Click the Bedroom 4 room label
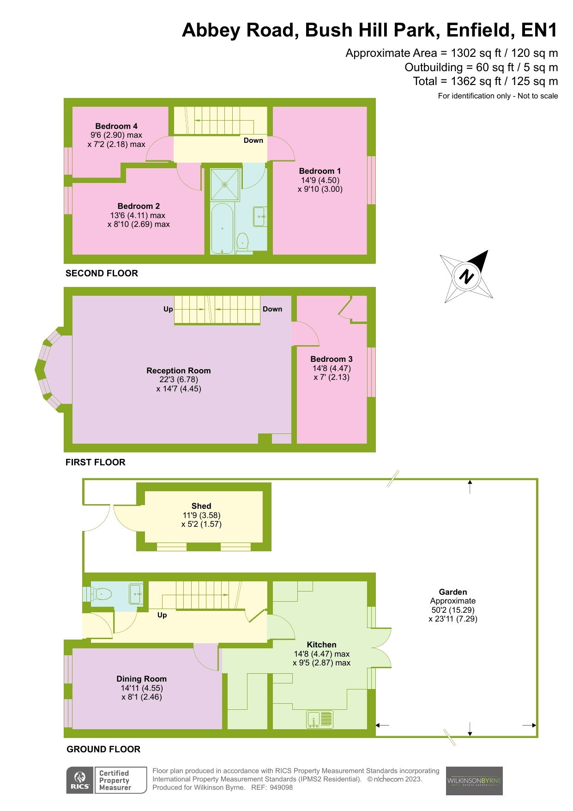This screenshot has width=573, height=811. click(116, 126)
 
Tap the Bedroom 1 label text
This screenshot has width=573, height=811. click(320, 171)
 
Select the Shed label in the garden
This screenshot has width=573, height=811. click(201, 506)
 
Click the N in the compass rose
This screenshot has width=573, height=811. click(466, 277)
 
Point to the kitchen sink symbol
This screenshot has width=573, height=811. click(320, 720)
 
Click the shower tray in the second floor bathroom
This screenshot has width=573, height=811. click(225, 185)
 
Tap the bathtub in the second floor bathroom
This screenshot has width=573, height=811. click(222, 229)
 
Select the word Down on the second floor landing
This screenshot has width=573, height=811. click(253, 140)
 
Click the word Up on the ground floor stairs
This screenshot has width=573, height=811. click(162, 615)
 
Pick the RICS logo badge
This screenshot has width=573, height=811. click(80, 781)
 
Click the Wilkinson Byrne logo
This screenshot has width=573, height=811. click(474, 781)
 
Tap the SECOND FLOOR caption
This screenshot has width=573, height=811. click(102, 273)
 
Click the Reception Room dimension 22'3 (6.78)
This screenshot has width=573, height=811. click(179, 379)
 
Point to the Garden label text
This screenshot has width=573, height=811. click(452, 592)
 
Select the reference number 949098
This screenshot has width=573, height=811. click(281, 787)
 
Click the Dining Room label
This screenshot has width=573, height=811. click(141, 679)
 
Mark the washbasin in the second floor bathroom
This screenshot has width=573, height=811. click(260, 216)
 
